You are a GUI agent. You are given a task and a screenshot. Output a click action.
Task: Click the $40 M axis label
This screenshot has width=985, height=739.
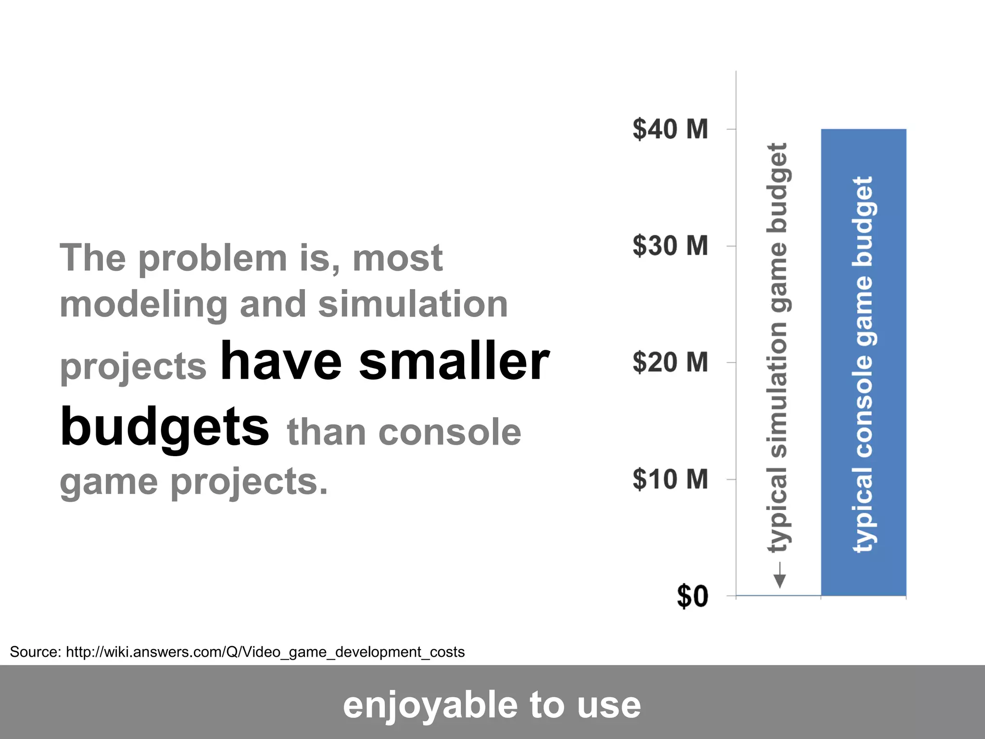click(670, 129)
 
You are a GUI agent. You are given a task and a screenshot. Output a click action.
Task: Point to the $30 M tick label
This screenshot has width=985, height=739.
click(670, 246)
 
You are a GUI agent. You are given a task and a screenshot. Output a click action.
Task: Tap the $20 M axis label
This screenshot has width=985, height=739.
click(670, 362)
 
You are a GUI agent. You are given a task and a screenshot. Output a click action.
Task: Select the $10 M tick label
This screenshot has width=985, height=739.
click(670, 479)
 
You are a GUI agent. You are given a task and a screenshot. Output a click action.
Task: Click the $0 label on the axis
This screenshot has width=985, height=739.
click(693, 597)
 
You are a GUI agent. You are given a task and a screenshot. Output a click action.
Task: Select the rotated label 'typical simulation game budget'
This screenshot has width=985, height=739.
click(777, 346)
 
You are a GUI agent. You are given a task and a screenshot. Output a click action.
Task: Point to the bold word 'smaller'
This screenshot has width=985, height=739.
click(454, 362)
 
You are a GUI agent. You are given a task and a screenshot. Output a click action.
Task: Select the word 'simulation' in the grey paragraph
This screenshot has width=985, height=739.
click(413, 305)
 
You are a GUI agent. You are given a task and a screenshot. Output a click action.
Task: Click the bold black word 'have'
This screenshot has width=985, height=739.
click(281, 362)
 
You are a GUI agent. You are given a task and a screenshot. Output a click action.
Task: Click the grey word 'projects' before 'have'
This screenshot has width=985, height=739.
click(133, 367)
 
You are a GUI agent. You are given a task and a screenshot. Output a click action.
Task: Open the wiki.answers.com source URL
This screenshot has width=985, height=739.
click(265, 652)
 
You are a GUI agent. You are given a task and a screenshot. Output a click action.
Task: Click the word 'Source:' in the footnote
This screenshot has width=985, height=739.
click(35, 652)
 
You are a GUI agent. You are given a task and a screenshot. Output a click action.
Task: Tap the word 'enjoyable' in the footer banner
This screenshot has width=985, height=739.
click(430, 705)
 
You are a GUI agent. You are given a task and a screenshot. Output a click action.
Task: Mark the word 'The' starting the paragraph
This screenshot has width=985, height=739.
click(92, 258)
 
